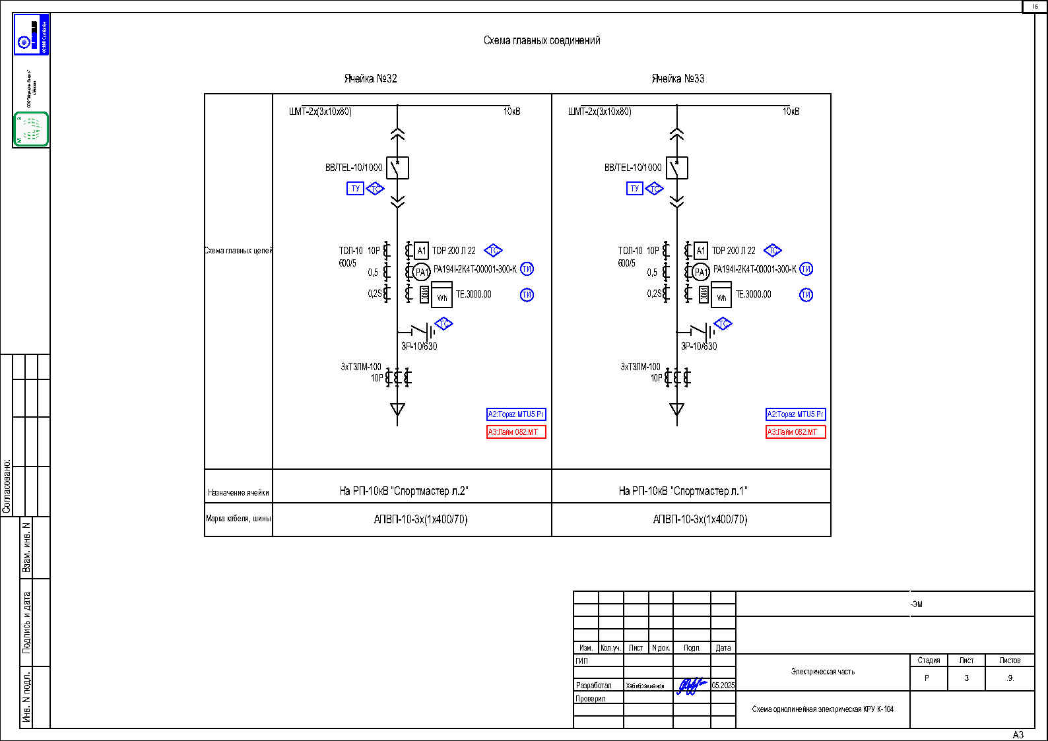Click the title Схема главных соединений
coord(542,40)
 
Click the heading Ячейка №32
coord(370,79)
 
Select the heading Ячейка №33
coord(678,79)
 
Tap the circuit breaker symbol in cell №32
coord(397,168)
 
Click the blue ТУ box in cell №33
coord(634,189)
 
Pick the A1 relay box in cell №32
coord(421,251)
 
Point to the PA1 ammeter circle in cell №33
coord(700,272)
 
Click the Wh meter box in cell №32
coord(442,295)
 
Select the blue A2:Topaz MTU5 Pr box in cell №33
coord(795,414)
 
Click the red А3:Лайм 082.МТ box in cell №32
coord(516,432)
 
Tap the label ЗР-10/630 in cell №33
coord(699,346)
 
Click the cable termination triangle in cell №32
coord(397,409)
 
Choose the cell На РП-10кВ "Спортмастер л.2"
coord(404,491)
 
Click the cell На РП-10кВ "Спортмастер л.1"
coord(683,491)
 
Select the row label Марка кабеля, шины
coord(238,519)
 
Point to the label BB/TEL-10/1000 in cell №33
coord(632,168)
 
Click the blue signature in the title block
coord(691,686)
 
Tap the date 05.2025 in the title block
coord(723,686)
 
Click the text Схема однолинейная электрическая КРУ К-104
coord(822,709)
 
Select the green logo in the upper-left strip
coord(31,129)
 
